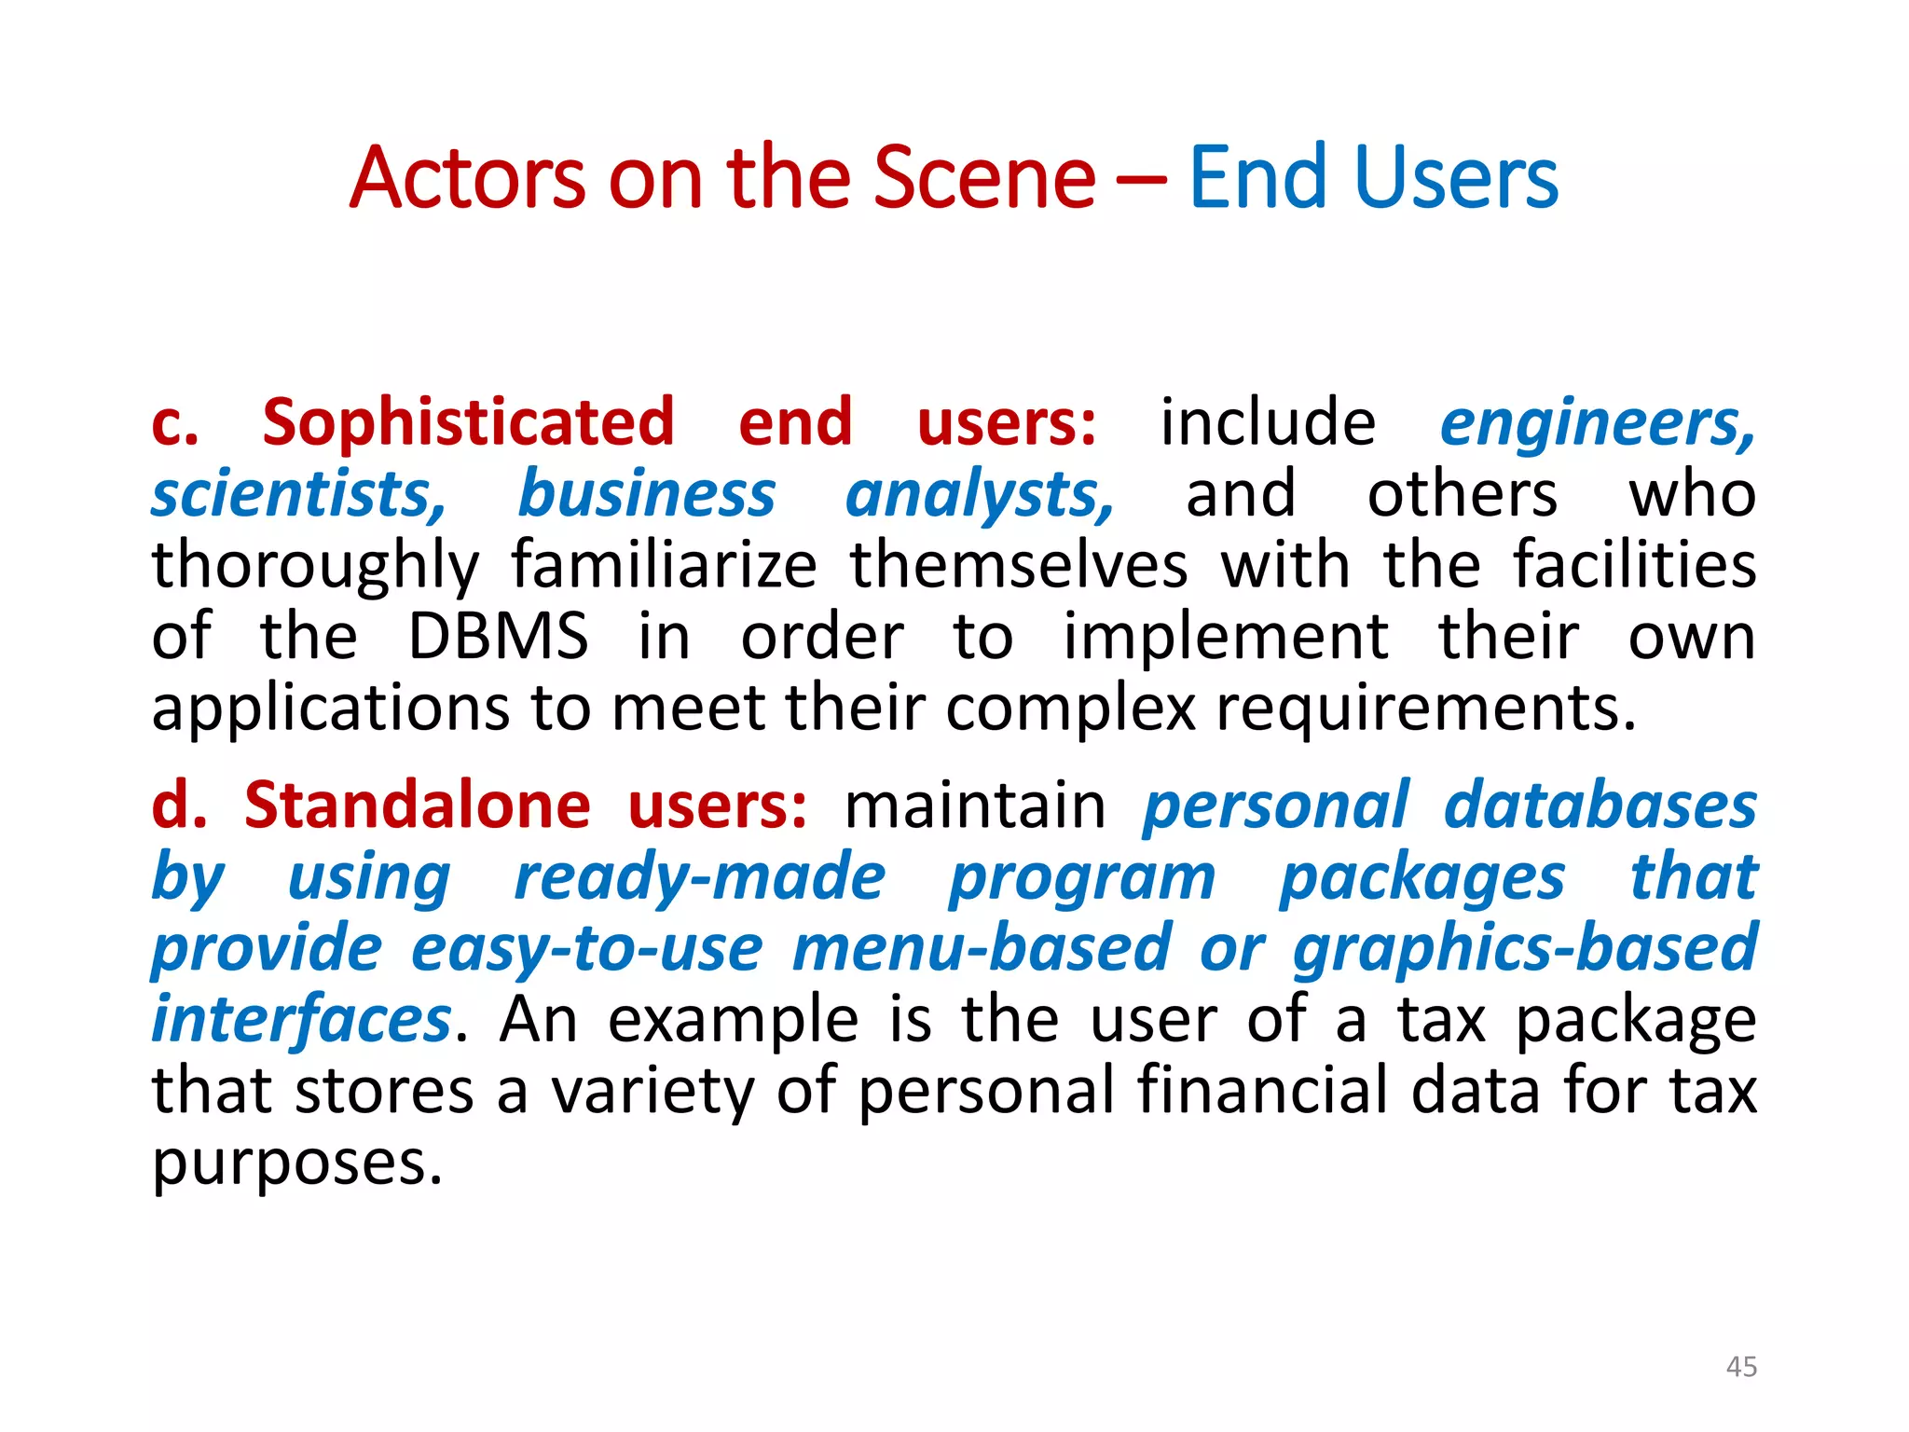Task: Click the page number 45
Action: [1741, 1367]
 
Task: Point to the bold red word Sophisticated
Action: [468, 422]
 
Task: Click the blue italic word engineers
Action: [1597, 422]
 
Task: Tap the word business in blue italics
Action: [646, 494]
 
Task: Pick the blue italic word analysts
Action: [979, 494]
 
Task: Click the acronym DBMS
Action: [498, 637]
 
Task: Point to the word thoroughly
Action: [315, 567]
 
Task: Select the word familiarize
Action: [664, 565]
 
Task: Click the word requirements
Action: [1425, 709]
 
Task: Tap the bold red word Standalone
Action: [417, 805]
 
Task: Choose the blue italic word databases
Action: [1600, 805]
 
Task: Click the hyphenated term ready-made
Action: [700, 877]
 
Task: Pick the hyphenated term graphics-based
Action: [1524, 948]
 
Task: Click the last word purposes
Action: [296, 1163]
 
